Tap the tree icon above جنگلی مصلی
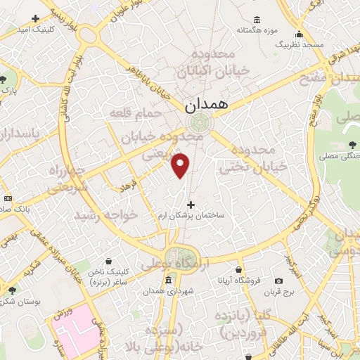coord(350,145)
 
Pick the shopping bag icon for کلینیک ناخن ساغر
coord(108,261)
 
